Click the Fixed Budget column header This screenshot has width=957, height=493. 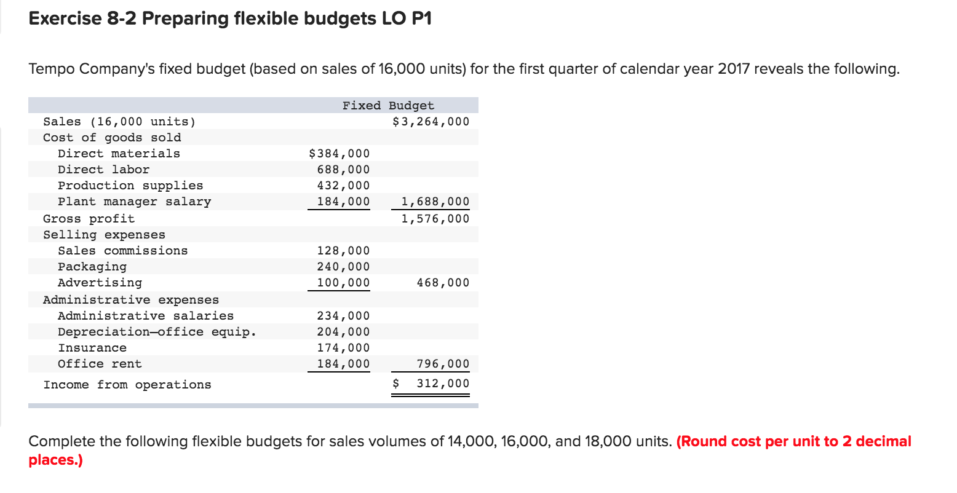tap(388, 106)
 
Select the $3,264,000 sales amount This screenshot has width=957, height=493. tap(431, 122)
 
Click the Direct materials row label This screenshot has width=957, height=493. tap(119, 154)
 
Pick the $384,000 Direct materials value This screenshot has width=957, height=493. tap(339, 154)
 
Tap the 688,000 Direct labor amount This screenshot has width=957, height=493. tap(343, 170)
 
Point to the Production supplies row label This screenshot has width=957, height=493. tap(130, 186)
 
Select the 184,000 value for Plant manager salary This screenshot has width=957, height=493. tap(343, 202)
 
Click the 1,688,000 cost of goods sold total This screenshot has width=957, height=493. tap(435, 202)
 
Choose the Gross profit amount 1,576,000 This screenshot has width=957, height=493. tap(435, 219)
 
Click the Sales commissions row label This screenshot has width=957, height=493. tap(122, 251)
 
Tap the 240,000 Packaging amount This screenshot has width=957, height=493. tap(343, 267)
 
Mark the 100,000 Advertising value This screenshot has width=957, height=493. tap(343, 283)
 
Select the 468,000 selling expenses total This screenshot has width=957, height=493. tap(442, 283)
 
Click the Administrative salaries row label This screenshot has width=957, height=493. tap(146, 316)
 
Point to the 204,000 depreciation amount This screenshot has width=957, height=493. tap(343, 332)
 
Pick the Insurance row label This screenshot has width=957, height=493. tap(92, 348)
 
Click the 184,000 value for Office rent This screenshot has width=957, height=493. tap(343, 364)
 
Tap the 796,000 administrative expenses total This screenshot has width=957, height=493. tap(442, 364)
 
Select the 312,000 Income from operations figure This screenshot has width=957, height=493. tap(442, 384)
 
